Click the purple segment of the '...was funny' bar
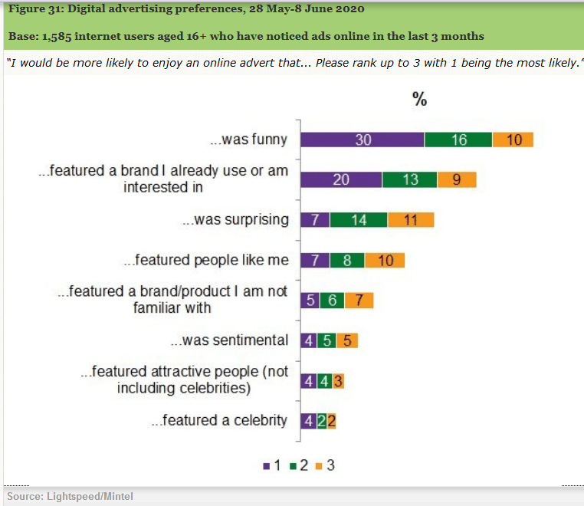click(x=362, y=140)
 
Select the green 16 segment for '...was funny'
click(x=458, y=140)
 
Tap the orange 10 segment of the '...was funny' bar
click(x=513, y=140)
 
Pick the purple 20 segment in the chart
click(x=341, y=179)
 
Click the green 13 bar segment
click(x=410, y=179)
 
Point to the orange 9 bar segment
click(x=457, y=179)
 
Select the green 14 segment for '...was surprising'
click(x=359, y=220)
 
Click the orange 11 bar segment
click(x=411, y=220)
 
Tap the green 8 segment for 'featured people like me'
click(x=347, y=260)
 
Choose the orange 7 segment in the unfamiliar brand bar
click(x=359, y=300)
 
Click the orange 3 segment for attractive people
click(x=338, y=380)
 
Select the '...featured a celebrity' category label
click(x=219, y=420)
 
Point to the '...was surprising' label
click(x=235, y=220)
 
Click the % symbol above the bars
click(x=419, y=99)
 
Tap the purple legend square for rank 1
click(x=265, y=465)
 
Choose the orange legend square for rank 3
click(x=319, y=465)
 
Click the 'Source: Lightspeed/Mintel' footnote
click(x=70, y=496)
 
